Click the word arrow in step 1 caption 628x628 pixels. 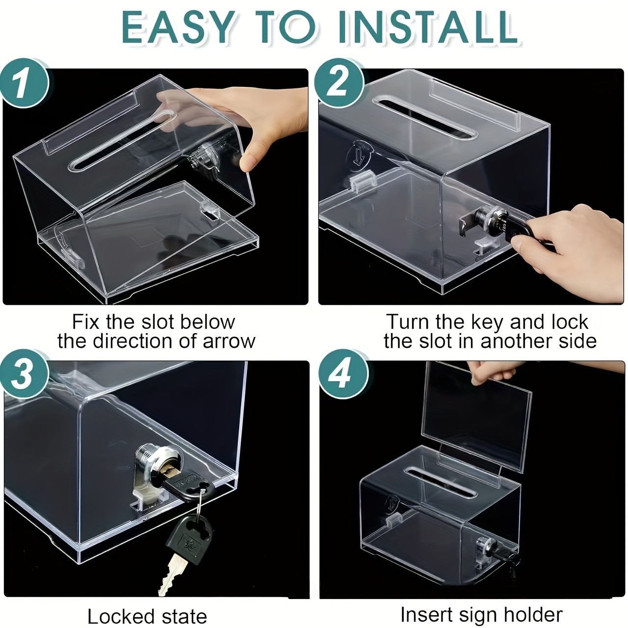(x=229, y=341)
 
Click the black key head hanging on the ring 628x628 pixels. (x=188, y=538)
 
